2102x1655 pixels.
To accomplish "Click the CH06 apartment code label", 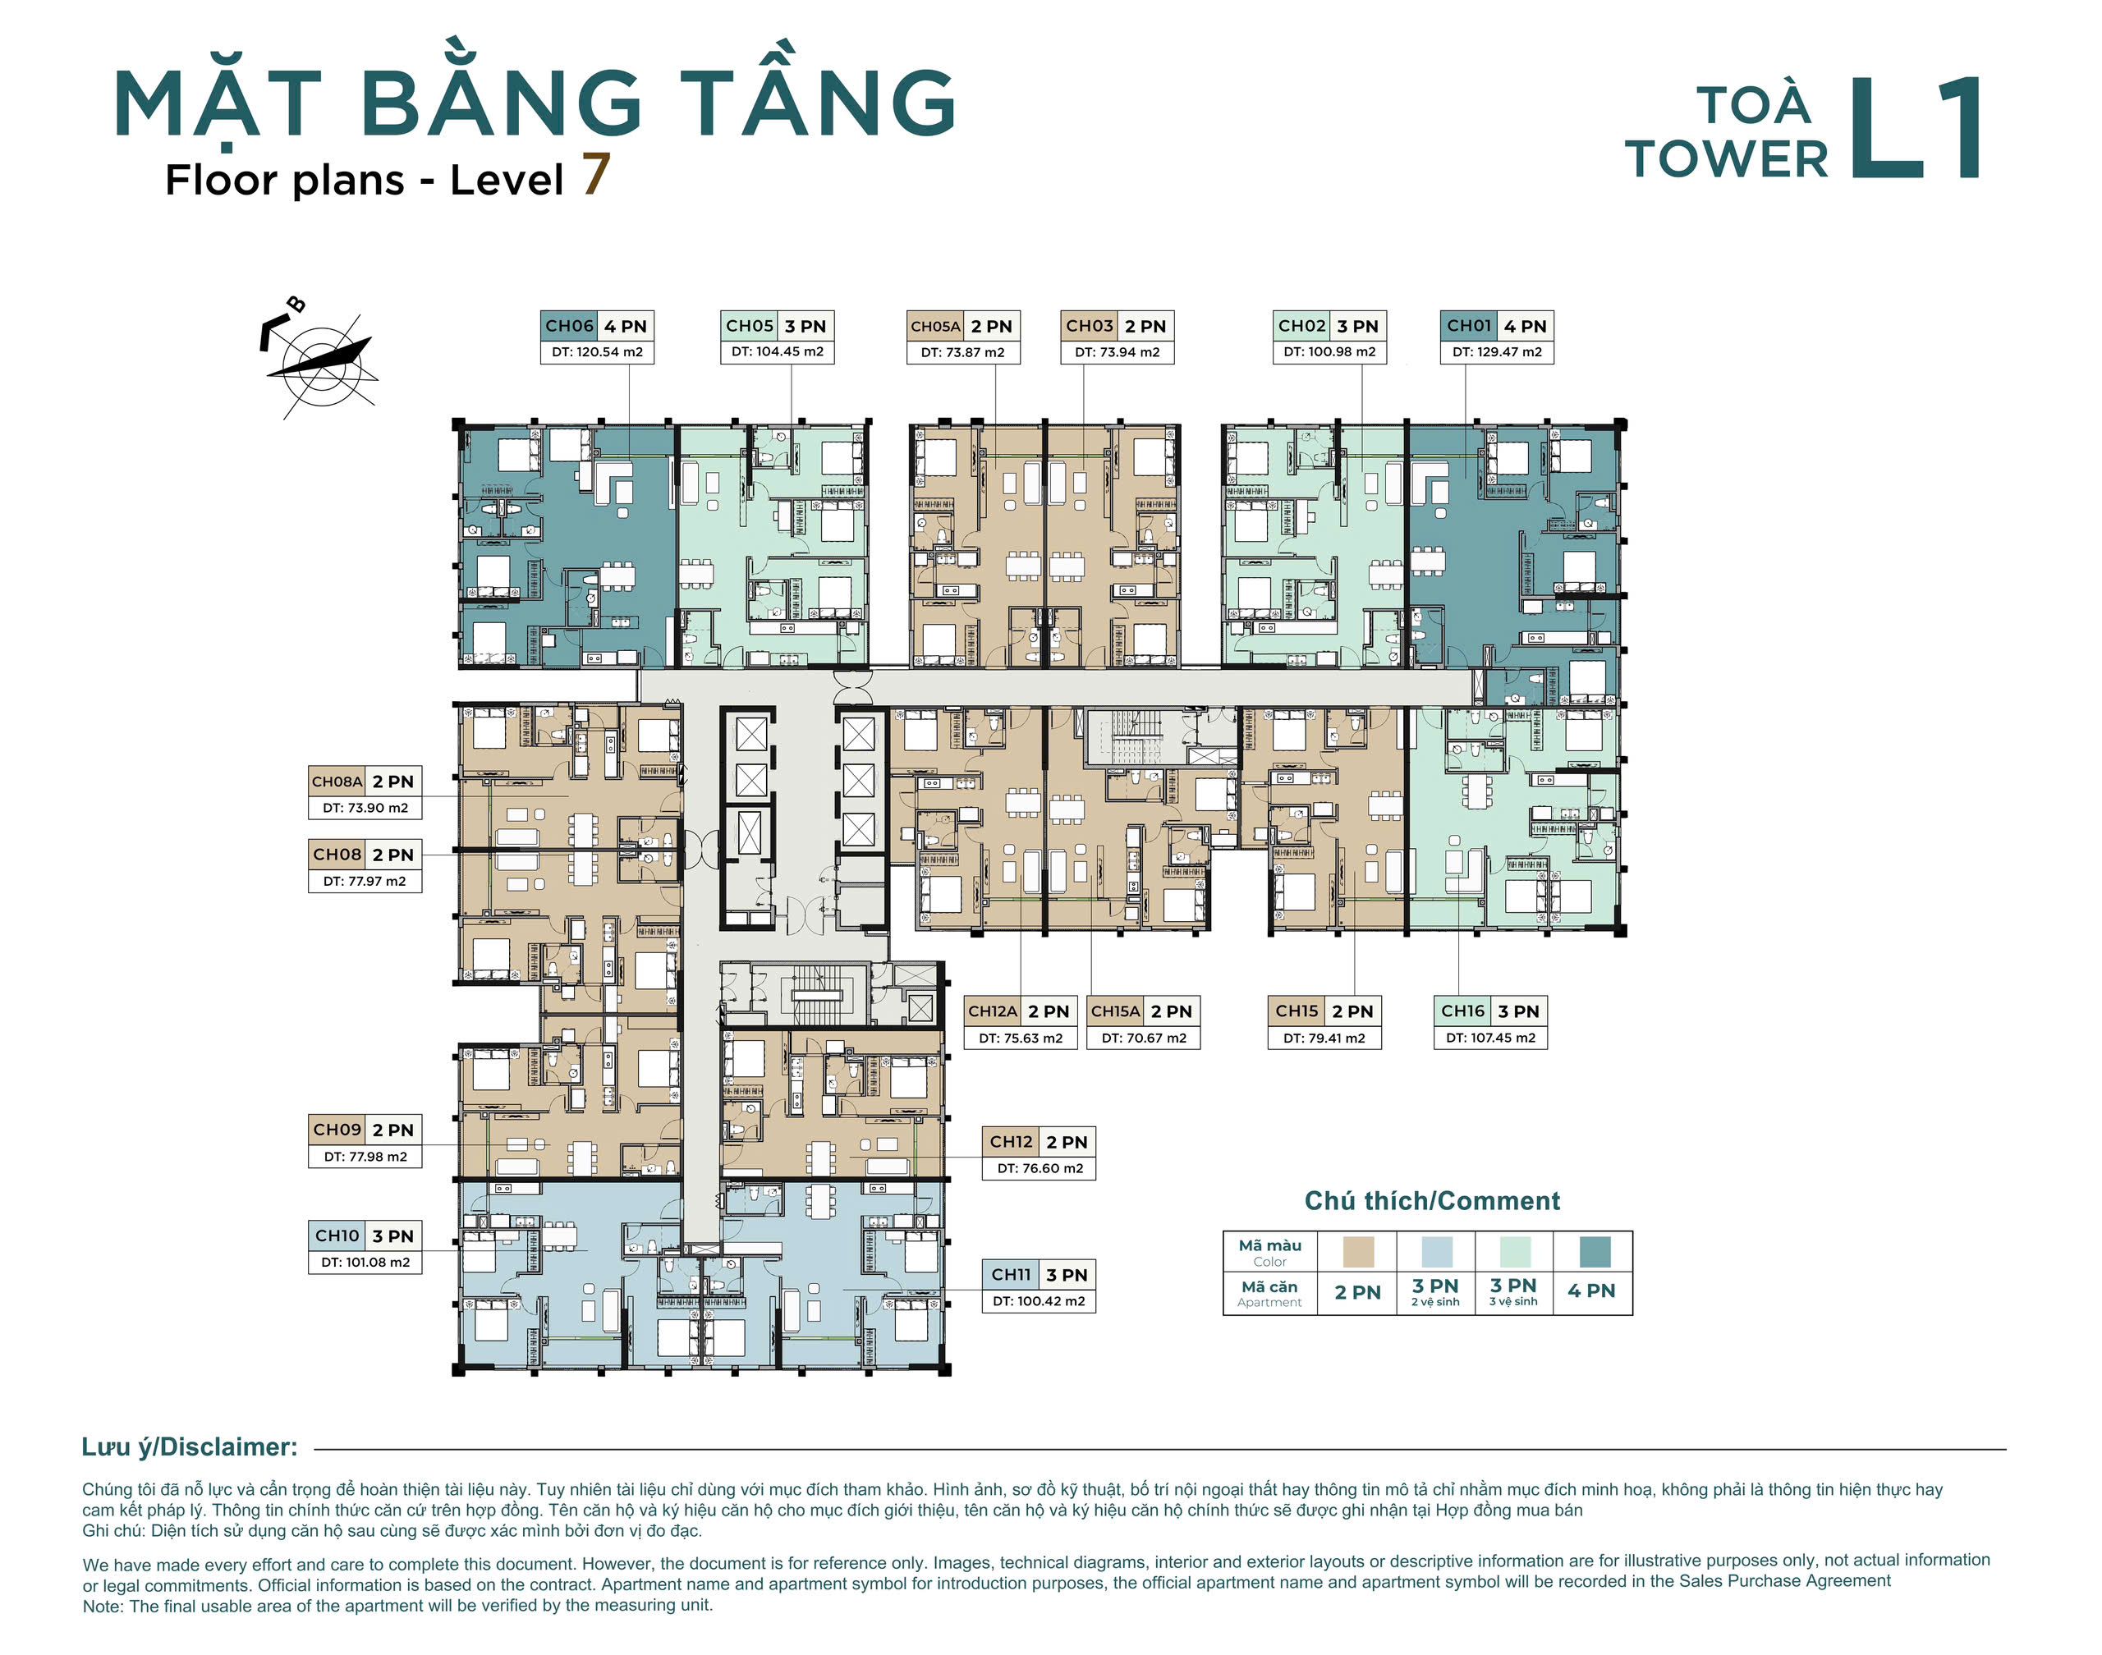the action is (569, 327).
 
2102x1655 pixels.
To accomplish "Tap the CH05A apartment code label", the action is (935, 327).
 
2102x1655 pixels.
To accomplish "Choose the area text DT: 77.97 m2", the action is (365, 882).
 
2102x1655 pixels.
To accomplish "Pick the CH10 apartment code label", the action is (337, 1236).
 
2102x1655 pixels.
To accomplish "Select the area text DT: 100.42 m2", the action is (1038, 1301).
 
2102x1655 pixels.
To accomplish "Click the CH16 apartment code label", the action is (1462, 1011).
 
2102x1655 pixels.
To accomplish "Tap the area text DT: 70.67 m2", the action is (1144, 1038).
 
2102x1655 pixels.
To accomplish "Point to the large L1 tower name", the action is (1915, 128).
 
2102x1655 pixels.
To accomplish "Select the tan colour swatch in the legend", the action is (1358, 1251).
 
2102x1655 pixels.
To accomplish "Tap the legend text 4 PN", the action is (1591, 1291).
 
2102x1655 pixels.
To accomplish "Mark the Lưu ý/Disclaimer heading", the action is (190, 1447).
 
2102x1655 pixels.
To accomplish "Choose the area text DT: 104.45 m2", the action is (778, 351).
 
